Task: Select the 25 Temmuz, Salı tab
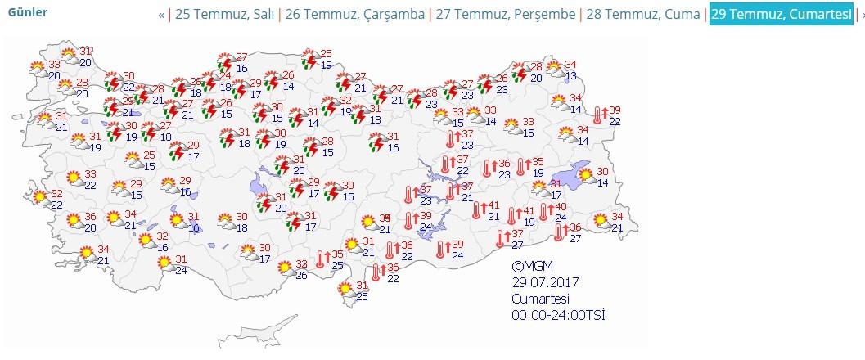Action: coord(225,14)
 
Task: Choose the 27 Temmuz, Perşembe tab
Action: coord(504,14)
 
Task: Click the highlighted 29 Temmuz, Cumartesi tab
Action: coord(781,14)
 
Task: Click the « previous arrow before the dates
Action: coord(161,14)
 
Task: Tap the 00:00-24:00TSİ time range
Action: coord(558,315)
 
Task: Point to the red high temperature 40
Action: coord(561,208)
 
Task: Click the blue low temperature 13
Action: coord(571,76)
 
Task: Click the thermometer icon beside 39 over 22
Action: coord(599,116)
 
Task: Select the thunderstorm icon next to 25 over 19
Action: coord(310,59)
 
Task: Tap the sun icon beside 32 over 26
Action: coord(285,268)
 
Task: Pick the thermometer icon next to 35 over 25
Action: coord(322,260)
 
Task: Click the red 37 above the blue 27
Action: coord(516,234)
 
